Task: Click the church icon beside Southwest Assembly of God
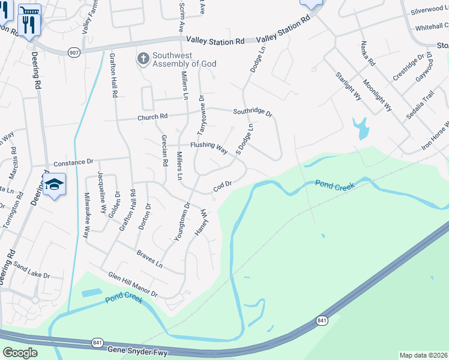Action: click(x=143, y=59)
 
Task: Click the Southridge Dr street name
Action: click(x=253, y=112)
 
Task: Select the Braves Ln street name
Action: click(x=150, y=259)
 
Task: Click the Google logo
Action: click(x=20, y=353)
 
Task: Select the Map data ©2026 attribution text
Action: click(x=424, y=355)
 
